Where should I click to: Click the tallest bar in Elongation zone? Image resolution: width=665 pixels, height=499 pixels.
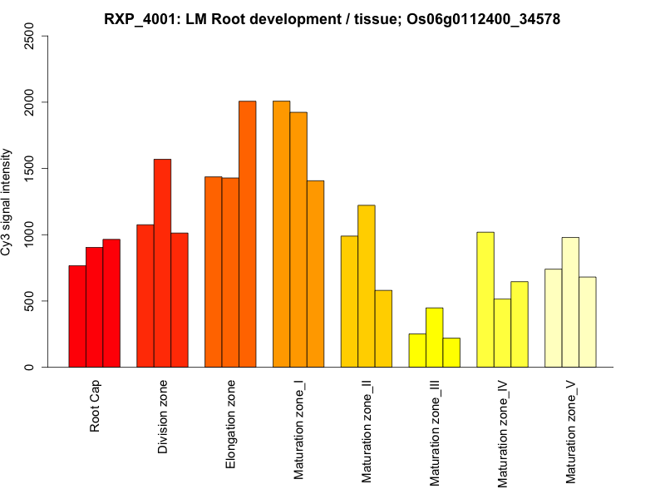(248, 234)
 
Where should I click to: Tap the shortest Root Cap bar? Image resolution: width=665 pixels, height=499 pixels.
(77, 316)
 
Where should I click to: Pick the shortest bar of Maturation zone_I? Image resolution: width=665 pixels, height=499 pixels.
(315, 274)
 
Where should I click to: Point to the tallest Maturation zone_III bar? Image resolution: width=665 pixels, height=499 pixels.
(435, 338)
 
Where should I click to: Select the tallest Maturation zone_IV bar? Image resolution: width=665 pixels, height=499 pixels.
(485, 299)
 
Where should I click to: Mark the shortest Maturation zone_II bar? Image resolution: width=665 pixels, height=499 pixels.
(383, 329)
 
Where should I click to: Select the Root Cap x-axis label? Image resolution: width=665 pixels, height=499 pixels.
(95, 408)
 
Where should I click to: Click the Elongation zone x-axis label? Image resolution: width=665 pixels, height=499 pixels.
(231, 424)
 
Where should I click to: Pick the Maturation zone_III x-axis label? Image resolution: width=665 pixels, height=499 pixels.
(435, 432)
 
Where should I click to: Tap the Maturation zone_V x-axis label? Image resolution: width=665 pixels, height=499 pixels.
(570, 432)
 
